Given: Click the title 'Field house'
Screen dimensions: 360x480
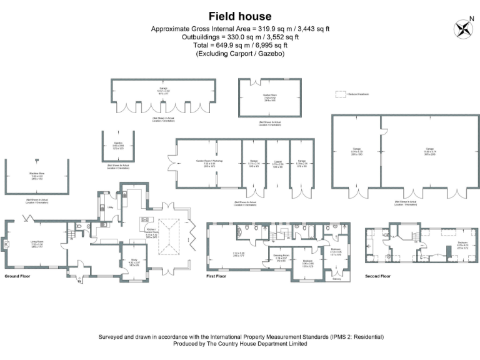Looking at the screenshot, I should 240,17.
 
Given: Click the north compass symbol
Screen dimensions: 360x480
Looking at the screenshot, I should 463,28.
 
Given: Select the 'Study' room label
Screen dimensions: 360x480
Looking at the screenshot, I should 134,261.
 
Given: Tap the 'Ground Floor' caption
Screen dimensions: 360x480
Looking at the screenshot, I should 18,276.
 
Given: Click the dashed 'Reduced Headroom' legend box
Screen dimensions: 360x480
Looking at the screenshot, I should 341,94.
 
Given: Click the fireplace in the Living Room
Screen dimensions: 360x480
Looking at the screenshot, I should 6,244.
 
